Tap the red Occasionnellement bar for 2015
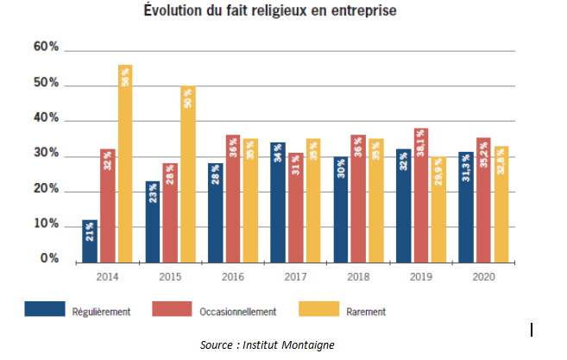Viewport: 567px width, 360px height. [x=170, y=212]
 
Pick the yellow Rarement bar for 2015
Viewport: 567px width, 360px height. [x=188, y=173]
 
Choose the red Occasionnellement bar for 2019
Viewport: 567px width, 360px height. [x=420, y=194]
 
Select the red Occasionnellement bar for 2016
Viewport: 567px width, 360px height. [x=233, y=198]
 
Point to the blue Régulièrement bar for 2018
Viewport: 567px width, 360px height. [x=340, y=208]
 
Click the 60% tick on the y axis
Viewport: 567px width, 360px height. [x=46, y=48]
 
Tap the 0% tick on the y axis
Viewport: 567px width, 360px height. [x=49, y=259]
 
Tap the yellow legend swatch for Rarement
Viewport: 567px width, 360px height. [x=319, y=309]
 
